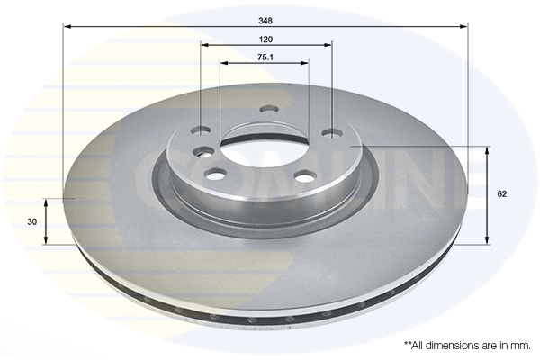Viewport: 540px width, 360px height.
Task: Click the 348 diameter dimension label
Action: (265, 19)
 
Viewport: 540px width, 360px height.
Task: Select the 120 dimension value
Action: (265, 39)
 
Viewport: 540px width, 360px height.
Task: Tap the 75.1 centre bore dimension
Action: (265, 57)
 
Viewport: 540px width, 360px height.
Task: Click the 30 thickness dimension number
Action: (31, 221)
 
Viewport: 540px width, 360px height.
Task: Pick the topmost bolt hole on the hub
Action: (265, 111)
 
